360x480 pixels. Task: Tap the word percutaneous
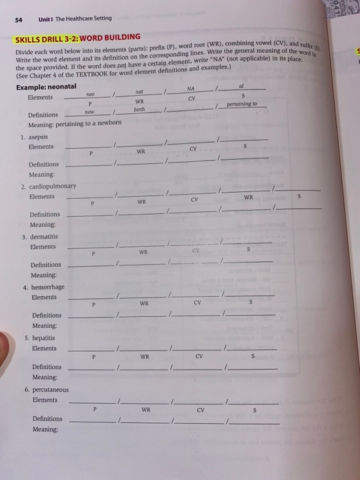tap(46, 389)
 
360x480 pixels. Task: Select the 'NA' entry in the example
tap(191, 88)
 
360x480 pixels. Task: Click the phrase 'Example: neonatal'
tap(52, 86)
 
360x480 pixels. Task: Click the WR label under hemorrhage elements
tap(145, 303)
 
